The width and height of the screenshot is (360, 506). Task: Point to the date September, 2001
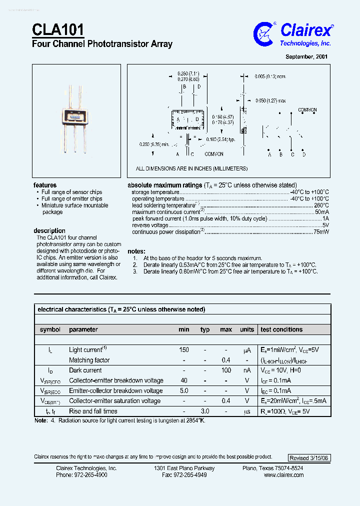pyautogui.click(x=306, y=57)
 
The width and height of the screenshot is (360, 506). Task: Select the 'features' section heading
pyautogui.click(x=45, y=185)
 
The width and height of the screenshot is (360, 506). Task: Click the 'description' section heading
pyautogui.click(x=49, y=230)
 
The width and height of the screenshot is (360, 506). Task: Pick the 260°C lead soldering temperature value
pyautogui.click(x=321, y=205)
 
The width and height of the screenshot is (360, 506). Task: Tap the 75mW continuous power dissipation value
pyautogui.click(x=321, y=232)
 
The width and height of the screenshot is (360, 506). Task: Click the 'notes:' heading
pyautogui.click(x=136, y=251)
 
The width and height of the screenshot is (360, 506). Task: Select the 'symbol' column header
pyautogui.click(x=50, y=329)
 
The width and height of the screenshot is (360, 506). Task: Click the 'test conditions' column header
pyautogui.click(x=281, y=329)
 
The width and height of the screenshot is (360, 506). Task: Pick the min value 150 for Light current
pyautogui.click(x=184, y=350)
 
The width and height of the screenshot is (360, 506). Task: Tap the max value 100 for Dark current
pyautogui.click(x=226, y=370)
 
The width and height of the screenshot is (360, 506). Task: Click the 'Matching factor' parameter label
pyautogui.click(x=89, y=360)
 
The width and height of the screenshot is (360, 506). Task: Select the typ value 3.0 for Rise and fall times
pyautogui.click(x=205, y=411)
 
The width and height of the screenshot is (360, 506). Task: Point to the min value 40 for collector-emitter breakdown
pyautogui.click(x=184, y=380)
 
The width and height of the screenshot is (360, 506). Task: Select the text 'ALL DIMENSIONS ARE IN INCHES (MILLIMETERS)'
pyautogui.click(x=191, y=169)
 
